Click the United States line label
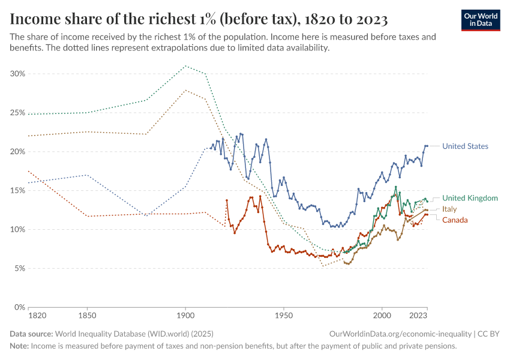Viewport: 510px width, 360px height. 465,146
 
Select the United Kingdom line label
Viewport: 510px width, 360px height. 470,198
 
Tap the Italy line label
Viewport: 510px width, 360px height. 449,209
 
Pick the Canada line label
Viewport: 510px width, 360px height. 455,220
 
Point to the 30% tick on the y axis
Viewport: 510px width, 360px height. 17,74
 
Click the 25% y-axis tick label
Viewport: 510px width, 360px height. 17,113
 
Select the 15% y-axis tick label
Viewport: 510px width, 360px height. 17,191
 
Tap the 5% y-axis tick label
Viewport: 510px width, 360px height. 19,269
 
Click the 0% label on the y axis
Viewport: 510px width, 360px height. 19,307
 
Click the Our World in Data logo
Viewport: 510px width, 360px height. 481,20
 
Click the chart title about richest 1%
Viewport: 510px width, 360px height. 199,19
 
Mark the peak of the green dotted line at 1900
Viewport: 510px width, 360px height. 185,66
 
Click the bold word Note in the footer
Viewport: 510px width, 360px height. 19,346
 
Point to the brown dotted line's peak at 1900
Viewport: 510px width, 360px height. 185,91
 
